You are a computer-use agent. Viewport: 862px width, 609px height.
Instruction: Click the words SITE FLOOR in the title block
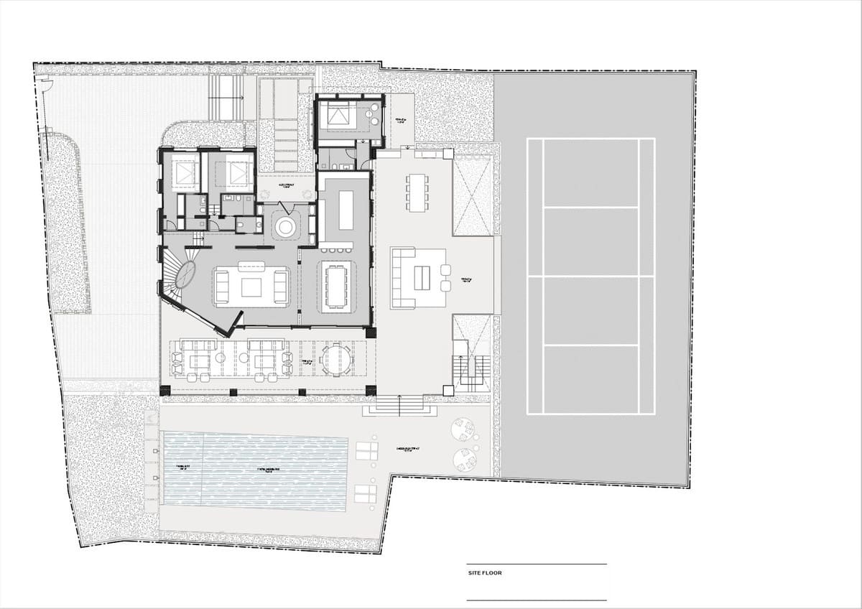coord(483,573)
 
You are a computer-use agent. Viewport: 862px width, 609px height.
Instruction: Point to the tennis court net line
coord(590,276)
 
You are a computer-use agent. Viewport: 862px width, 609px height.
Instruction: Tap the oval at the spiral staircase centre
coord(186,275)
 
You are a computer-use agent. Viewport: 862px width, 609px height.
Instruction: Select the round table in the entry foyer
coord(285,228)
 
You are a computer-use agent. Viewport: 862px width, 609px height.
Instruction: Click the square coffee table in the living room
coord(251,287)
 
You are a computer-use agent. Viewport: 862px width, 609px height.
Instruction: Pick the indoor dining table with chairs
coord(335,285)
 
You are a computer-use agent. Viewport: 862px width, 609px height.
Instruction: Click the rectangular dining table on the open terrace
coord(415,192)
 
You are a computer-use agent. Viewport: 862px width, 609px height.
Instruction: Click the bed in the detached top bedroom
coord(336,115)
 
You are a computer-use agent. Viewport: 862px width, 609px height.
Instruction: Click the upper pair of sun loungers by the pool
coord(366,451)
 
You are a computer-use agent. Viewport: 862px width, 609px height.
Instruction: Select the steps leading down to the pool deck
coord(400,406)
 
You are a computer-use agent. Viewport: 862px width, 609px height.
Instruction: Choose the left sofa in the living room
coord(221,287)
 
